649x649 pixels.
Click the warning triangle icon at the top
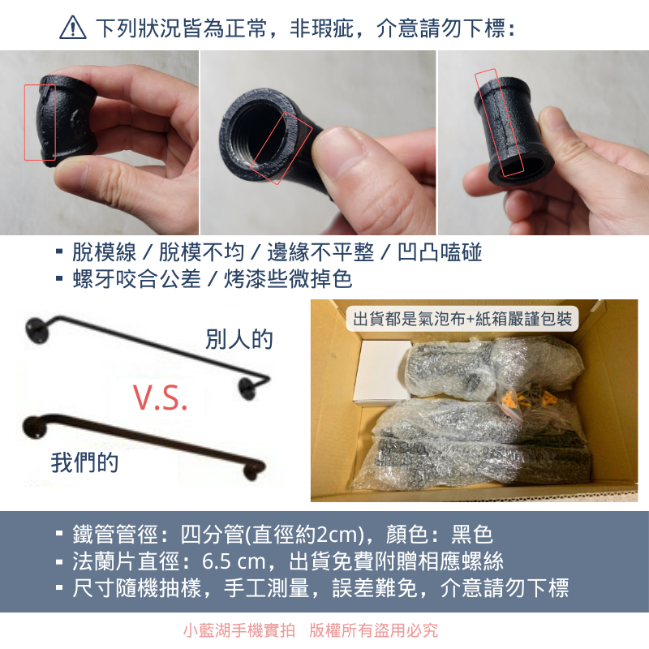coord(73,29)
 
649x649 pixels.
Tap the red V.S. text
coord(160,397)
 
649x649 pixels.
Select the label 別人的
coord(239,339)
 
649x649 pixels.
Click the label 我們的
coord(84,462)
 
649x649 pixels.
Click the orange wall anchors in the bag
coord(527,398)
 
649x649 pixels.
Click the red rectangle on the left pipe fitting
coord(40,122)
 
